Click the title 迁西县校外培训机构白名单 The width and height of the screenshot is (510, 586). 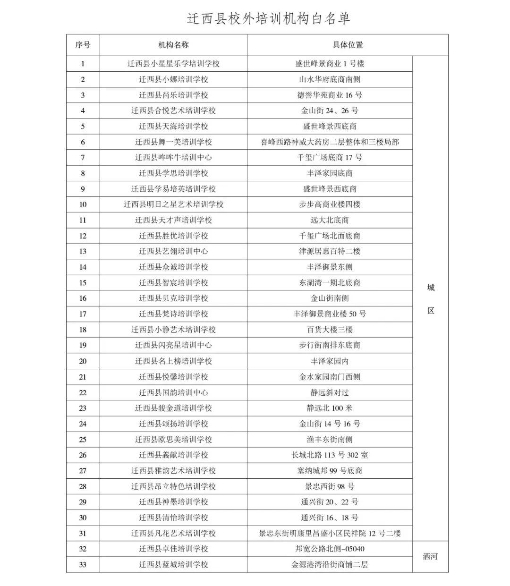click(x=268, y=18)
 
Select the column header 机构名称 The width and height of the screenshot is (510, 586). click(x=173, y=45)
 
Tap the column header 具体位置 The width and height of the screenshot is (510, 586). click(x=348, y=45)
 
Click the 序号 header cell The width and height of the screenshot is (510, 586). click(x=83, y=45)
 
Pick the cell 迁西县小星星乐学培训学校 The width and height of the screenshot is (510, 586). click(x=173, y=63)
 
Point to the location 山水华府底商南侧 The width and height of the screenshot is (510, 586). click(x=330, y=79)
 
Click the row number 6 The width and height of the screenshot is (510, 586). click(x=83, y=142)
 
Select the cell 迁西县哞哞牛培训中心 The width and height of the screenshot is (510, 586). click(x=173, y=157)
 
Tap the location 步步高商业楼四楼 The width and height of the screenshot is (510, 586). click(x=330, y=204)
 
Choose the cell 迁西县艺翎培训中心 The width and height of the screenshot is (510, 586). click(x=173, y=251)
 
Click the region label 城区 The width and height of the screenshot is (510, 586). click(x=430, y=299)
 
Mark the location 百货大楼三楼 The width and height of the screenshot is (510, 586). click(x=330, y=330)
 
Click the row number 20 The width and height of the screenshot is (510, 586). click(x=83, y=361)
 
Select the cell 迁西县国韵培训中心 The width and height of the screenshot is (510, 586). click(x=173, y=392)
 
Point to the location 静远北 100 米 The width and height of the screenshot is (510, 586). click(x=330, y=408)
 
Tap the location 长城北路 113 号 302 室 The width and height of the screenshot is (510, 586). click(x=330, y=455)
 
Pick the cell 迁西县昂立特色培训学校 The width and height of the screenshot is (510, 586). click(x=173, y=486)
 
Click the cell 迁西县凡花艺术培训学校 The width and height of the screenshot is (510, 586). click(x=173, y=533)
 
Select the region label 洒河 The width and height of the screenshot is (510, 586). click(x=430, y=556)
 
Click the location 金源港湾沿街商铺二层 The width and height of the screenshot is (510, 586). click(x=330, y=564)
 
